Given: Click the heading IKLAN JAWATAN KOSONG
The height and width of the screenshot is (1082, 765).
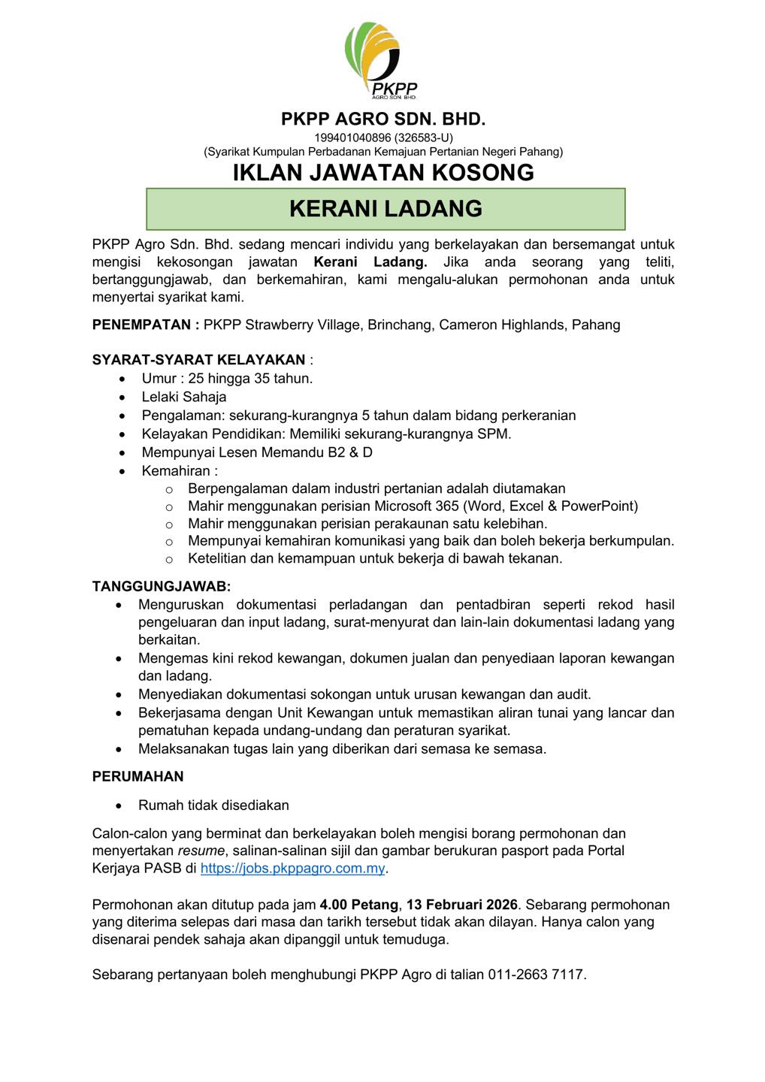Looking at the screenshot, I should point(383,172).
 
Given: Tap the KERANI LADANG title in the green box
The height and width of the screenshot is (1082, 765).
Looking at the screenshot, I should point(386,208).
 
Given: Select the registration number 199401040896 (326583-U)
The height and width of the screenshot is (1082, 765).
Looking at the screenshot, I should point(383,138).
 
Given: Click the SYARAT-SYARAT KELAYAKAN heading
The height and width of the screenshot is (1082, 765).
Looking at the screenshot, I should point(198,360).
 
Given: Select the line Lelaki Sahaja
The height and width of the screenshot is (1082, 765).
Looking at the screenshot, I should point(184,397).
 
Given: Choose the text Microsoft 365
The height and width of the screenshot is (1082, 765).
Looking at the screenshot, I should point(416,506).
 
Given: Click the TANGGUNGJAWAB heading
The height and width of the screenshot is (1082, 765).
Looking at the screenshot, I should point(162,586).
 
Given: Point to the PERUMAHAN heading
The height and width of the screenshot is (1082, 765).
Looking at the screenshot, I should point(138,776).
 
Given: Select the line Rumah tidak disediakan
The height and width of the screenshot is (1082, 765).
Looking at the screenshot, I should point(213,805).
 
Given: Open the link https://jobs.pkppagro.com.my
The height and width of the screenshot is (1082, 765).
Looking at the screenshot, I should point(293,869).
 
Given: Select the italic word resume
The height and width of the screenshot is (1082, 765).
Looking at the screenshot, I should point(201,851).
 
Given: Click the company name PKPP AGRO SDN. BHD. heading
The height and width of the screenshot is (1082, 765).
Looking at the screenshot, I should point(383,119).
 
